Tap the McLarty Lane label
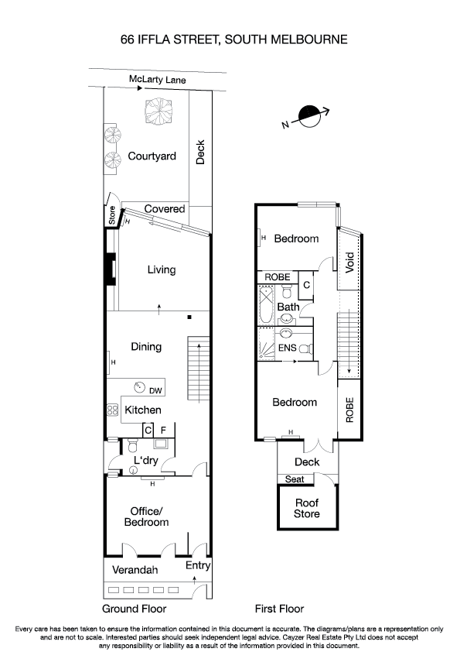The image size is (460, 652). point(158,80)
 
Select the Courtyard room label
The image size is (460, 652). point(152,156)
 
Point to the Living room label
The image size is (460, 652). point(161,269)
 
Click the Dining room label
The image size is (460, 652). point(145,347)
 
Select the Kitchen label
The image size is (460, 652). point(143,410)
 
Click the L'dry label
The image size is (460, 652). point(145,462)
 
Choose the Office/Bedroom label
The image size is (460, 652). point(146,516)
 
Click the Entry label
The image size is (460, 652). point(198,565)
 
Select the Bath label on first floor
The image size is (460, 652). point(288,307)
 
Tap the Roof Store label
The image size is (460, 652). point(307,507)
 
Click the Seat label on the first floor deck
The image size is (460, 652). point(295,479)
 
